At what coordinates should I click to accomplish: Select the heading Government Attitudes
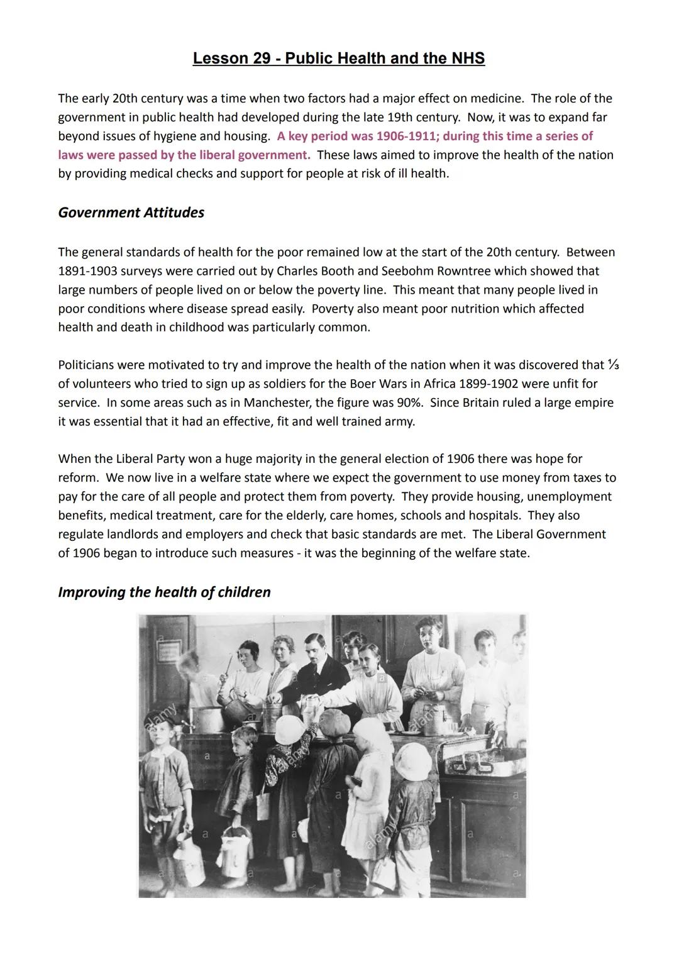point(131,213)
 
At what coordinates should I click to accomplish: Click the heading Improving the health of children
point(164,592)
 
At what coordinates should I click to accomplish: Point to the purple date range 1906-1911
point(409,136)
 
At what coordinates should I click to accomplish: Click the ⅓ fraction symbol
point(614,365)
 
